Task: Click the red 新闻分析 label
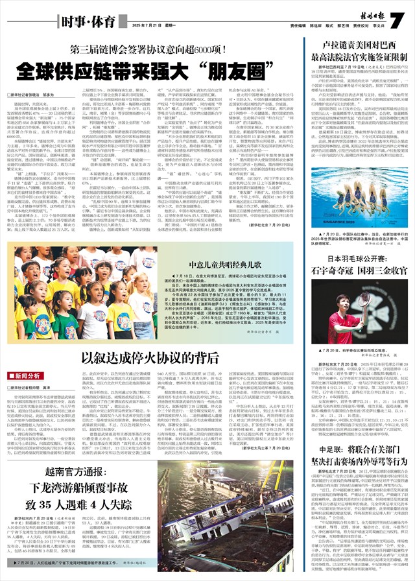32,375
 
